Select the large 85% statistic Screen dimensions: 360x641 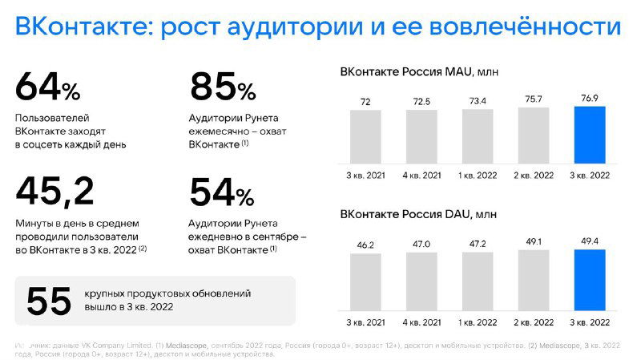pyautogui.click(x=222, y=87)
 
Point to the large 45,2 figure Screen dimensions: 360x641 pyautogui.click(x=54, y=192)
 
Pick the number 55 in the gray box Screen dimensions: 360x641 pyautogui.click(x=48, y=301)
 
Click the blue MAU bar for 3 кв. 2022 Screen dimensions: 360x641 pyautogui.click(x=591, y=136)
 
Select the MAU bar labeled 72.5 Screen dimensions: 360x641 pyautogui.click(x=422, y=137)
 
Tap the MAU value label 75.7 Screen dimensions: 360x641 pyautogui.click(x=534, y=99)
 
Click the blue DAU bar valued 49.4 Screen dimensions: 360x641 pyautogui.click(x=591, y=280)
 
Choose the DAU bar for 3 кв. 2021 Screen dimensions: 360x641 pyautogui.click(x=366, y=282)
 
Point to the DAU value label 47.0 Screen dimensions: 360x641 pyautogui.click(x=422, y=242)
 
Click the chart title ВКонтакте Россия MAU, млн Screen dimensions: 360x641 pyautogui.click(x=419, y=72)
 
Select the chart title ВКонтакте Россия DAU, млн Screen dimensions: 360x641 pyautogui.click(x=418, y=216)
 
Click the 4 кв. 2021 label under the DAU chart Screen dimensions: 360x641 pyautogui.click(x=422, y=322)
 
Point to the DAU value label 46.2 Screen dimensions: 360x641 pyautogui.click(x=366, y=243)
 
